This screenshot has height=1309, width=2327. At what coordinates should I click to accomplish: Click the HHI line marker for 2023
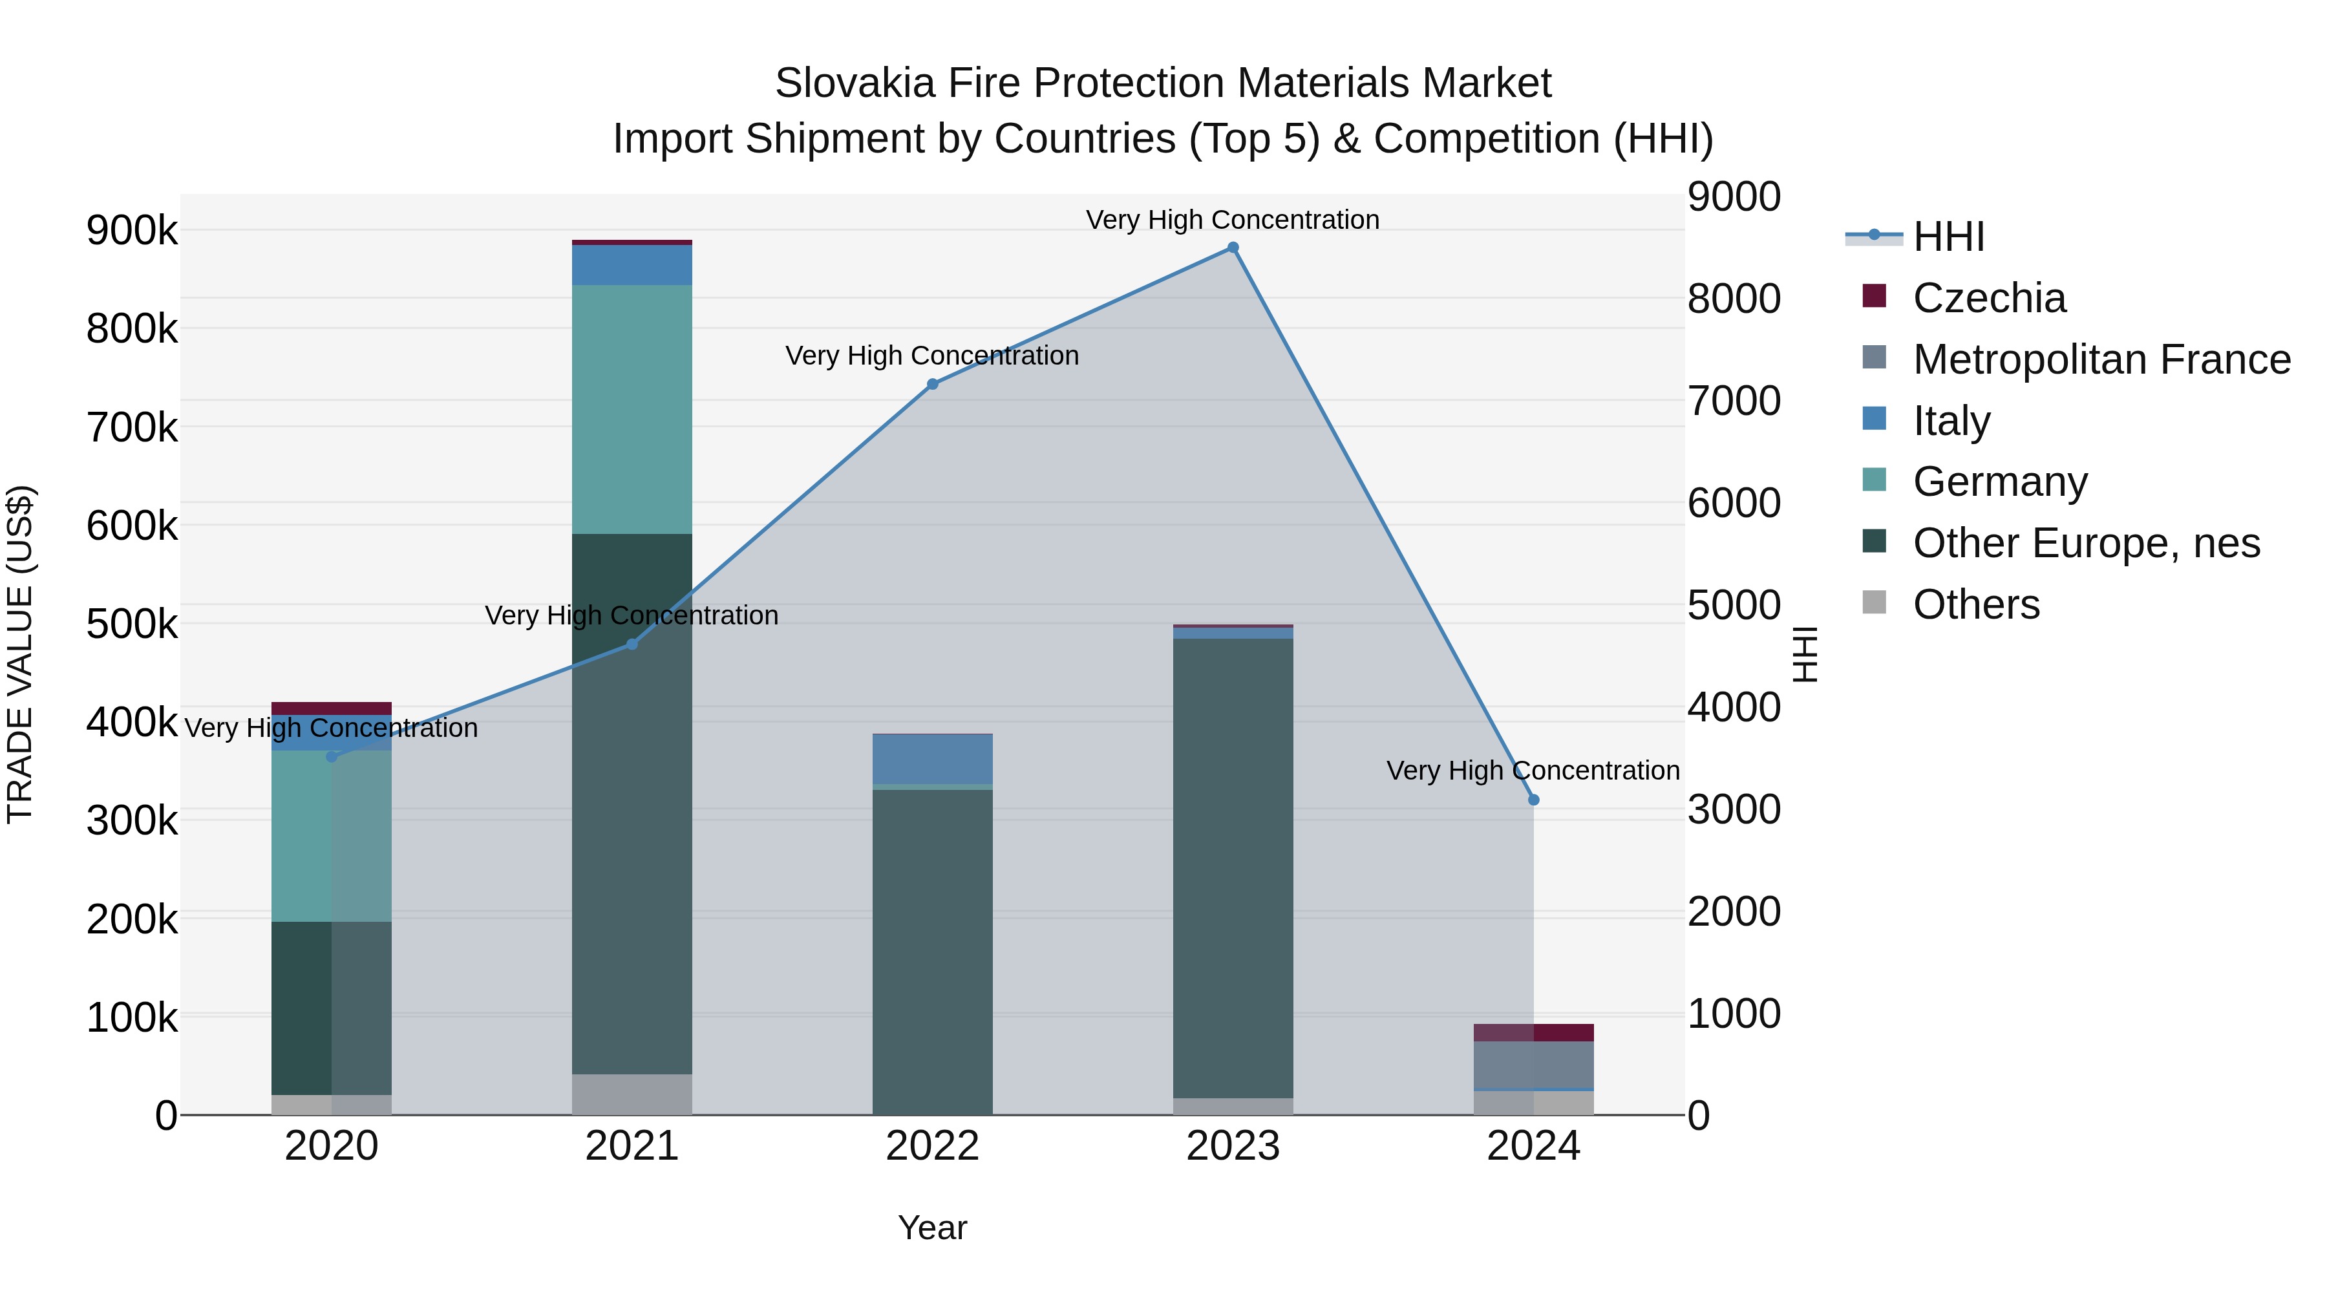[1233, 248]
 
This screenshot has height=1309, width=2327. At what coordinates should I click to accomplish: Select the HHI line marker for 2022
[932, 384]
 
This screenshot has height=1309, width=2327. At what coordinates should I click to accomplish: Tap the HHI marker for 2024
[1533, 800]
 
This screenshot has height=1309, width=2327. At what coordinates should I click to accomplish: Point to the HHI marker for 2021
[632, 644]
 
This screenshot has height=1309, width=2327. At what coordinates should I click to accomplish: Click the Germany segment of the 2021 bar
[632, 409]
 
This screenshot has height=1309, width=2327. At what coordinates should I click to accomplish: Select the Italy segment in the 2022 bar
[932, 759]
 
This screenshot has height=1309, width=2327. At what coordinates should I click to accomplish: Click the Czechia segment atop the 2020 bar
[332, 708]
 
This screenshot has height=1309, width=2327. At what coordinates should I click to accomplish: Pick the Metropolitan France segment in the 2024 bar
[1533, 1065]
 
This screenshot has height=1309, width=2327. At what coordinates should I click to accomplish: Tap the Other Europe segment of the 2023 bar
[1233, 867]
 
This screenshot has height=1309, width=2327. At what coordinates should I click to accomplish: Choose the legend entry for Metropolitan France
[2101, 359]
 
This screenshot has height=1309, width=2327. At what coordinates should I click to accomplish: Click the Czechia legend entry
[1988, 298]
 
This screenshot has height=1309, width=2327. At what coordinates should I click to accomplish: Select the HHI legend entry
[1948, 237]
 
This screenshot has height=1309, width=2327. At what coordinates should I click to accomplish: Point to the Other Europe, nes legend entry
[2086, 543]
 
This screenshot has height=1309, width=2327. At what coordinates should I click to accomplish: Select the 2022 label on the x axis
[932, 1146]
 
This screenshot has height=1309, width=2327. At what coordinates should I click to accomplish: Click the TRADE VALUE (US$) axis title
[20, 654]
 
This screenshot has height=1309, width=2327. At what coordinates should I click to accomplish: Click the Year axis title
[932, 1228]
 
